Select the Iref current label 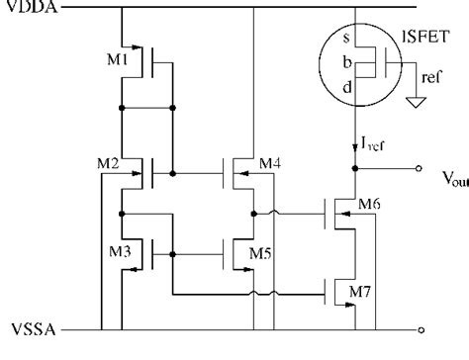pyautogui.click(x=373, y=148)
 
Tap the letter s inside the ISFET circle pyautogui.click(x=343, y=39)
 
